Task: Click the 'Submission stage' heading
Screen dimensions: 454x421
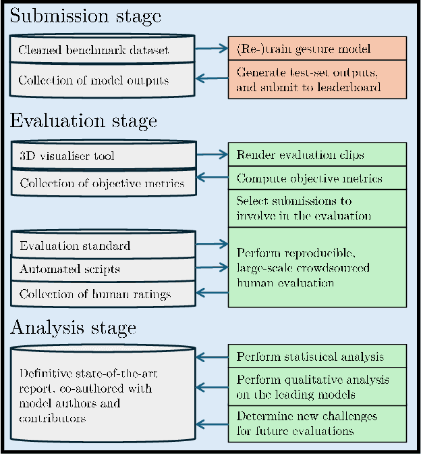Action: click(85, 17)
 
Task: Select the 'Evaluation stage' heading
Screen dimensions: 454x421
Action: click(83, 121)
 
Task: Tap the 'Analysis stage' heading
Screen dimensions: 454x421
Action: click(73, 328)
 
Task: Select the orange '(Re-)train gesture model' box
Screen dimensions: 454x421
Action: click(317, 49)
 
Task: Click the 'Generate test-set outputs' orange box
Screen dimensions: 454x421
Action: click(317, 80)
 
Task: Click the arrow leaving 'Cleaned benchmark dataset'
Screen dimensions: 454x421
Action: click(211, 49)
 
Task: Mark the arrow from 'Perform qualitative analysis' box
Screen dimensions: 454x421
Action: click(211, 388)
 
